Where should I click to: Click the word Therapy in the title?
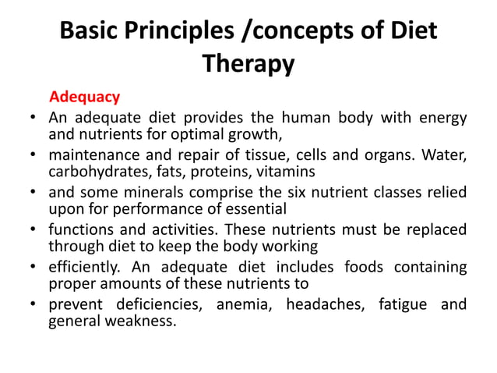coord(248,63)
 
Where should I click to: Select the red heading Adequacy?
coord(84,98)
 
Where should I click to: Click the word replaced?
coord(433,229)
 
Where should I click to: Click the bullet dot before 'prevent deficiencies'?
coord(33,304)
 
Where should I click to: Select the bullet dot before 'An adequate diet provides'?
coord(33,119)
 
